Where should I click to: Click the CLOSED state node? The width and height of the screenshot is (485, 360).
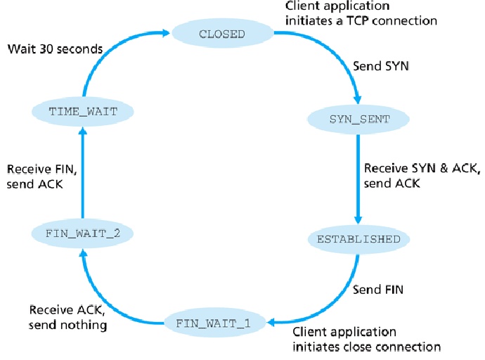pos(222,34)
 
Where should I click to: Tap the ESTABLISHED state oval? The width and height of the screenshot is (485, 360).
pos(358,239)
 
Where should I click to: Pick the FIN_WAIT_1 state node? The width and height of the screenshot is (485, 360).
pos(217,323)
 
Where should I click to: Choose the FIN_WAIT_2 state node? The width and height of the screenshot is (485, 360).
pos(83,232)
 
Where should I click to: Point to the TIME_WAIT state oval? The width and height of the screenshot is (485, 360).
pos(83,111)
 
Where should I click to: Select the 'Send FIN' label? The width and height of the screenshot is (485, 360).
pos(378,289)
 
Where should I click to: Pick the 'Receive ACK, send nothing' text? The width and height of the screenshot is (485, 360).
pos(68,317)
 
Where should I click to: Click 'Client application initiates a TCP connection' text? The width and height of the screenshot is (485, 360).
pos(361,13)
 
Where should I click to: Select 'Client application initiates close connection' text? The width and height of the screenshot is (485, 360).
pos(366,339)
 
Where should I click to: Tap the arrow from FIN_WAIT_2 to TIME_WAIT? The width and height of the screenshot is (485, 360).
pos(83,172)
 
